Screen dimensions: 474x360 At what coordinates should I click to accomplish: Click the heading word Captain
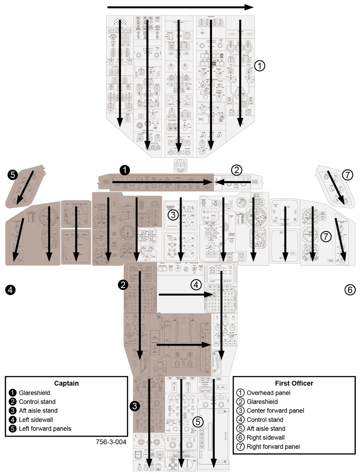click(x=66, y=383)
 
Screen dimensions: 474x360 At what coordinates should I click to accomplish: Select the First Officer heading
click(x=294, y=383)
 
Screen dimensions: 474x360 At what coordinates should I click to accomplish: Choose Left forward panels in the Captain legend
click(x=45, y=429)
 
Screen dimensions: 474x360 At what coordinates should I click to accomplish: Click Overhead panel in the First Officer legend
click(x=268, y=393)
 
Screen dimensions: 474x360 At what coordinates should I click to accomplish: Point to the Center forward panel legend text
click(x=275, y=410)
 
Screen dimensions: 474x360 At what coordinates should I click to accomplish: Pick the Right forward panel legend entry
click(x=273, y=447)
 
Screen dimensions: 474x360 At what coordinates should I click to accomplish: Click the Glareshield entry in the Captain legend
click(x=35, y=393)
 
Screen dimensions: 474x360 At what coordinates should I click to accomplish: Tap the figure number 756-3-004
click(x=111, y=442)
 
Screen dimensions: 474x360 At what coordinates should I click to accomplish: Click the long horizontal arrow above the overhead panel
click(x=181, y=7)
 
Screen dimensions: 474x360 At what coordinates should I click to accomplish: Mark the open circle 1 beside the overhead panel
click(x=260, y=66)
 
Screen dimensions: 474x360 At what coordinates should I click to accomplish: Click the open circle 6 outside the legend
click(x=350, y=290)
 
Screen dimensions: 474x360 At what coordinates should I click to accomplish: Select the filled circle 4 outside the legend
click(x=10, y=290)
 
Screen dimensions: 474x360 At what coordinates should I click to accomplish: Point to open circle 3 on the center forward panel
click(x=173, y=214)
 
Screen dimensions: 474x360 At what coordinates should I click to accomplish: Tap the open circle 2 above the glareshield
click(x=236, y=170)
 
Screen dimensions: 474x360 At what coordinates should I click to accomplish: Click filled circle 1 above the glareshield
click(x=125, y=170)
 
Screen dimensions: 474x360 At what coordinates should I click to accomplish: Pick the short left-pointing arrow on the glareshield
click(x=233, y=183)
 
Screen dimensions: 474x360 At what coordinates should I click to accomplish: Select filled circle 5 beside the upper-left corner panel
click(x=13, y=175)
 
